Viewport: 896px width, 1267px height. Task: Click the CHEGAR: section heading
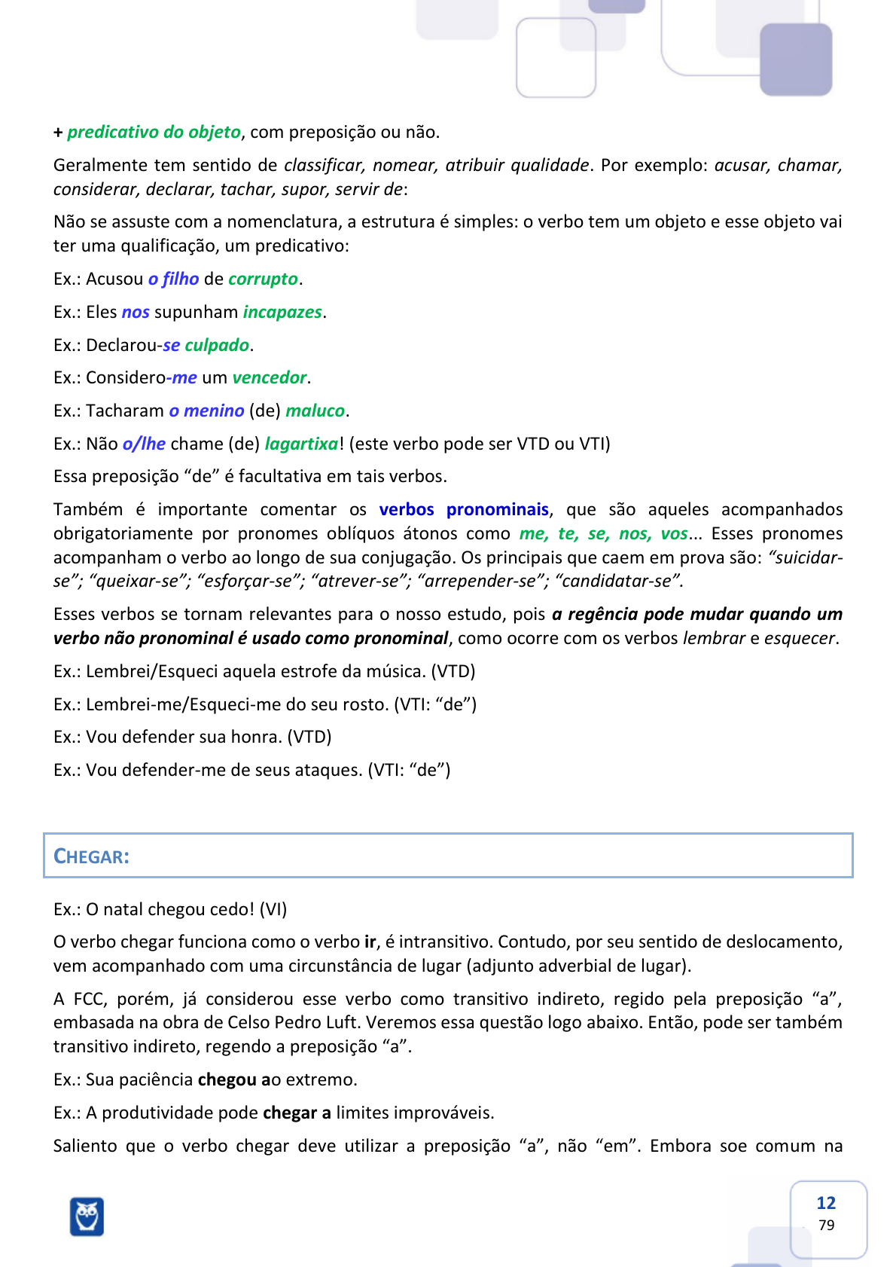click(x=91, y=856)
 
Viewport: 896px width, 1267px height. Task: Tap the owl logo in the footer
click(x=87, y=1216)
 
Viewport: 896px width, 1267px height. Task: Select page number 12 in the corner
click(x=826, y=1203)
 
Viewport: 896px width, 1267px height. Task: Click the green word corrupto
click(x=263, y=279)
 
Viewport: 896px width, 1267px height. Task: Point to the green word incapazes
click(x=282, y=312)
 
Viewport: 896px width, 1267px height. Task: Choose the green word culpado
click(x=217, y=345)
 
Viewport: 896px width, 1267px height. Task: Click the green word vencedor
click(x=270, y=377)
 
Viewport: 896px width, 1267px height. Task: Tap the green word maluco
click(x=315, y=411)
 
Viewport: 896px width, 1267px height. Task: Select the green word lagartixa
click(x=301, y=444)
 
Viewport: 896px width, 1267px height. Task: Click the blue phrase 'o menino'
click(x=206, y=411)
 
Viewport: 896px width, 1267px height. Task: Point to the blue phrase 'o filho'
click(x=173, y=279)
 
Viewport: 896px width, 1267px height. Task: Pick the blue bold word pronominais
click(x=497, y=509)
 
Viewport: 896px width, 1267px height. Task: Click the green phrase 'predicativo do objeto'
click(x=154, y=132)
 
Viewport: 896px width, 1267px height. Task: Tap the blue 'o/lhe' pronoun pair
click(x=144, y=444)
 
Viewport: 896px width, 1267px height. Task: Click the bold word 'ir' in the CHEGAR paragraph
click(x=370, y=942)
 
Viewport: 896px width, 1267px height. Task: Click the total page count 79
click(x=826, y=1225)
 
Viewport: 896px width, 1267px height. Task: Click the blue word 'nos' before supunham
click(x=136, y=312)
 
